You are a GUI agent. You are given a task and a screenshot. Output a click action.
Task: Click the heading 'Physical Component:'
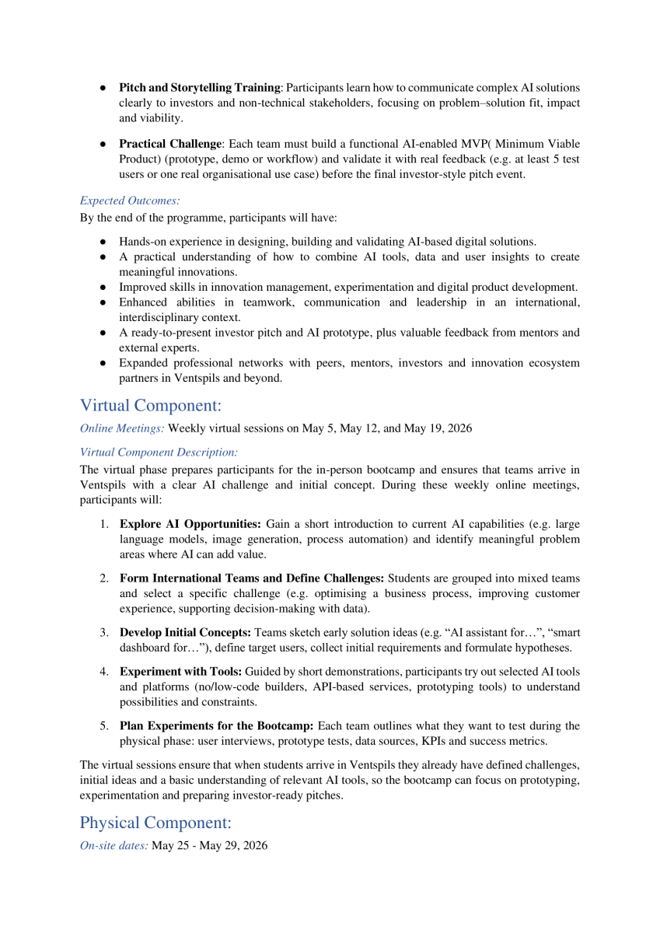point(155,823)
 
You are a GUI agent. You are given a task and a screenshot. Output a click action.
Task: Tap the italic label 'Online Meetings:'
point(122,428)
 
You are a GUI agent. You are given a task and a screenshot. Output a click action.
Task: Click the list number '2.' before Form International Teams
point(103,578)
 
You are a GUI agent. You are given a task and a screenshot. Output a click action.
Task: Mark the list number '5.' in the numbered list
point(103,726)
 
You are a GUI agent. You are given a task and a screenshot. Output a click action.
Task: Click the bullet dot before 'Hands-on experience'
point(103,242)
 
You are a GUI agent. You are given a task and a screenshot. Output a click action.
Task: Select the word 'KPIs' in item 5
point(447,742)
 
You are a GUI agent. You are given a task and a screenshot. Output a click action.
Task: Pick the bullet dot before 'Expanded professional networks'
point(103,363)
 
